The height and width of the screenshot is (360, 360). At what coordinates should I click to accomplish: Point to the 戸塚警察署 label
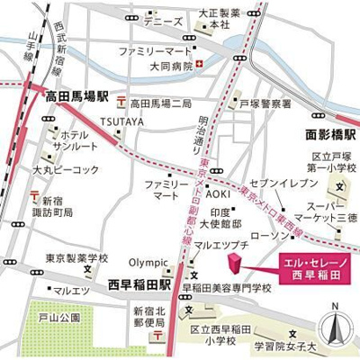(267, 104)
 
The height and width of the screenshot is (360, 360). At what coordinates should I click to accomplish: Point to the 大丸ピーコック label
(57, 169)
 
